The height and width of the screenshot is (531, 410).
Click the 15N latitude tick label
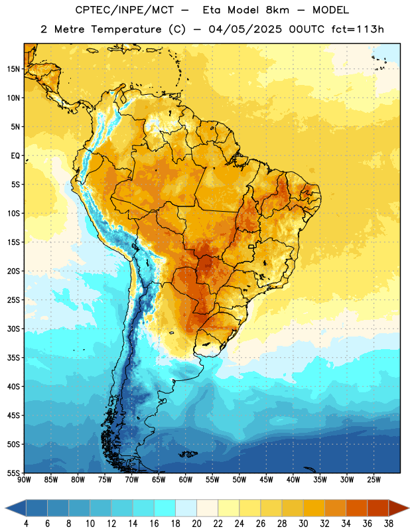coord(13,69)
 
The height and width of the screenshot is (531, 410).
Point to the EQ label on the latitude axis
coord(15,156)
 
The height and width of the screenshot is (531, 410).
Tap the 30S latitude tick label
coord(13,329)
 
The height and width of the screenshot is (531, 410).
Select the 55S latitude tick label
coord(13,473)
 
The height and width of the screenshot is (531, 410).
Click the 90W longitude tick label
coord(24,480)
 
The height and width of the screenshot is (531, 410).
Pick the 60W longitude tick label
coord(186,480)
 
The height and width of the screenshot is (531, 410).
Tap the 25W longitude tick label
coord(374,480)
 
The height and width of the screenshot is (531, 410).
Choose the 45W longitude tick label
coord(266,480)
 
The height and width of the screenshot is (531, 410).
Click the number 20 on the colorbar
coord(196,524)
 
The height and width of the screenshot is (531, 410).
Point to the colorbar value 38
coord(389,524)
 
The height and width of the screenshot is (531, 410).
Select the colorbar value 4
coord(26,524)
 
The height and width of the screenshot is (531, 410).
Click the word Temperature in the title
coord(126,29)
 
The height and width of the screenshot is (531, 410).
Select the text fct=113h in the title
coord(358,29)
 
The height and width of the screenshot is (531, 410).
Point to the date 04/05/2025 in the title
coord(245,29)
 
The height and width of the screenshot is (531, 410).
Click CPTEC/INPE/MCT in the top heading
coord(124,10)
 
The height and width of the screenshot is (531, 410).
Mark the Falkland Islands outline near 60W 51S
coord(188,454)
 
